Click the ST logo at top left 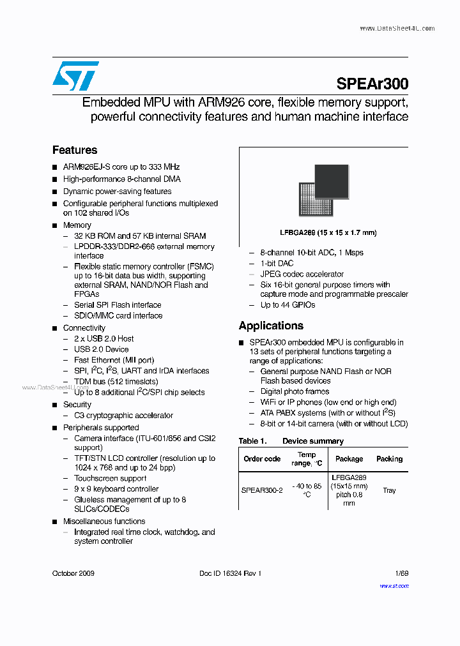tap(75, 76)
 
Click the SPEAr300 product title tap(372, 84)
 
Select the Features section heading tap(75, 150)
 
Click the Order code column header tap(262, 459)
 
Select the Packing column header tap(389, 459)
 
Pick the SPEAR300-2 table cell tap(262, 490)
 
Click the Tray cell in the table tap(389, 490)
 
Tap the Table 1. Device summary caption tap(291, 441)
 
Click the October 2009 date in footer tap(73, 574)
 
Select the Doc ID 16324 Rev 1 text tap(230, 574)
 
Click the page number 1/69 tap(401, 574)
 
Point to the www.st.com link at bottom tap(394, 585)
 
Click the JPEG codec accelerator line tap(302, 274)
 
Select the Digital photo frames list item tap(295, 391)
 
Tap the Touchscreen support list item tap(110, 478)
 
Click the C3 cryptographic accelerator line tap(123, 416)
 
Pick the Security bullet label tap(77, 405)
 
